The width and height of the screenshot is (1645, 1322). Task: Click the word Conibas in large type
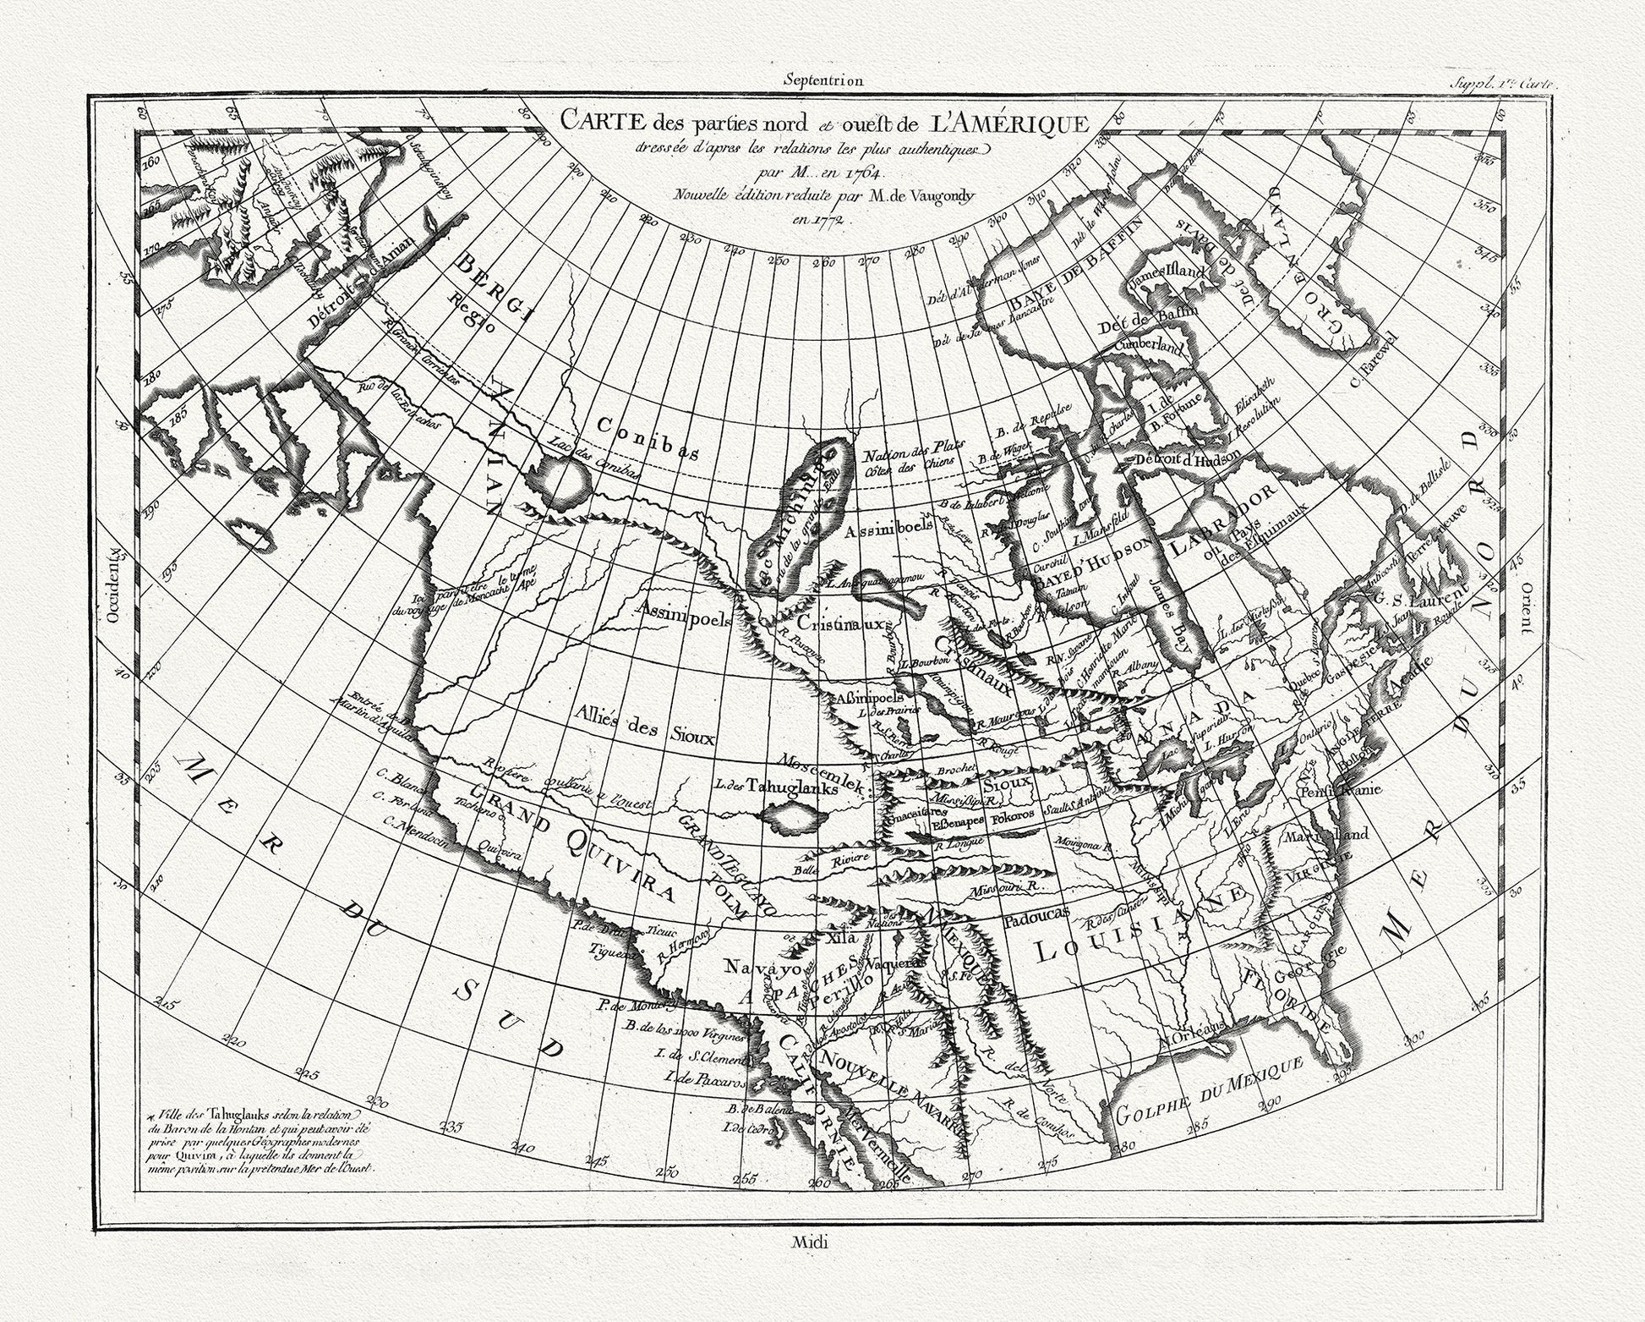647,438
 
